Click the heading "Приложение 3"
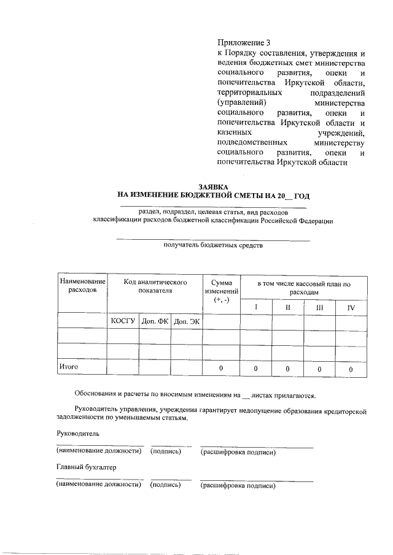[x=244, y=43]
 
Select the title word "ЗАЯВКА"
[x=213, y=186]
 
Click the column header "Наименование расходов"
[x=82, y=285]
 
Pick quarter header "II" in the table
[x=287, y=306]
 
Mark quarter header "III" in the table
[x=319, y=306]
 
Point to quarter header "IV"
[x=351, y=306]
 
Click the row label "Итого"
[x=68, y=367]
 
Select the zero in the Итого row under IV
[x=351, y=369]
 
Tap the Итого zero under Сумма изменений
[x=221, y=369]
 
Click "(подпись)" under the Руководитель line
[x=166, y=452]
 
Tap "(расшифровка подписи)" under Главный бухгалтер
[x=238, y=486]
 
